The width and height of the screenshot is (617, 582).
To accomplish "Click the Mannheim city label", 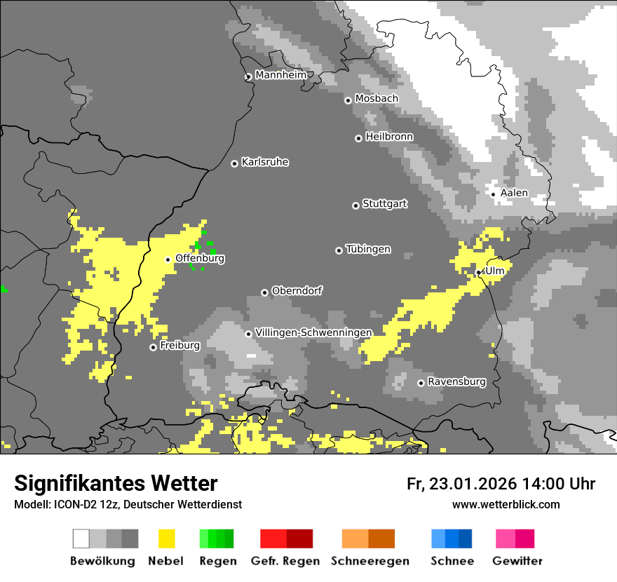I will point(280,75).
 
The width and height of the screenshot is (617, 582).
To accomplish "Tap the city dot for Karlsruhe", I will point(235,163).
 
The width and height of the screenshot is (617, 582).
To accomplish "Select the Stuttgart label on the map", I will point(384,204).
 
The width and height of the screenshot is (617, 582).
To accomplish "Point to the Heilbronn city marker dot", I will point(358,138).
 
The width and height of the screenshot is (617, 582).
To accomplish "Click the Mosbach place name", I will point(376,99).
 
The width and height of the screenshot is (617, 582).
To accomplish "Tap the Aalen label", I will point(513,193).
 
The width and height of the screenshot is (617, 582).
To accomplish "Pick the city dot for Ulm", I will point(478,272).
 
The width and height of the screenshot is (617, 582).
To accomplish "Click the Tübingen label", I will point(368,250).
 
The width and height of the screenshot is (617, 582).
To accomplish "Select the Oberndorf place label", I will point(297,291).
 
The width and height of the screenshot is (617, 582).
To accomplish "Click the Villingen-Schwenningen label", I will point(313,332).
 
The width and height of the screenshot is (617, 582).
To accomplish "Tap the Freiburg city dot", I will point(153,347).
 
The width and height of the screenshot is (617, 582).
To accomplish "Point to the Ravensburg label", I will point(456,382).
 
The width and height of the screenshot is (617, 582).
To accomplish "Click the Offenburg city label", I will point(200,258).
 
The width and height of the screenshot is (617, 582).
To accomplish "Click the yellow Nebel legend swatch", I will point(167,539).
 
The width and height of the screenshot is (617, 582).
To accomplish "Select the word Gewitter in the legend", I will point(517,561).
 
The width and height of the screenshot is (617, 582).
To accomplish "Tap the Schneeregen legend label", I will point(369,561).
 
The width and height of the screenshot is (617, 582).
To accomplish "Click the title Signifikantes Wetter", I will point(116,483).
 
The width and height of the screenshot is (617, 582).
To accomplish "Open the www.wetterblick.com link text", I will point(506,504).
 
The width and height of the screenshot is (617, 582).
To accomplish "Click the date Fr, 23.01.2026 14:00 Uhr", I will point(501,484).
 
